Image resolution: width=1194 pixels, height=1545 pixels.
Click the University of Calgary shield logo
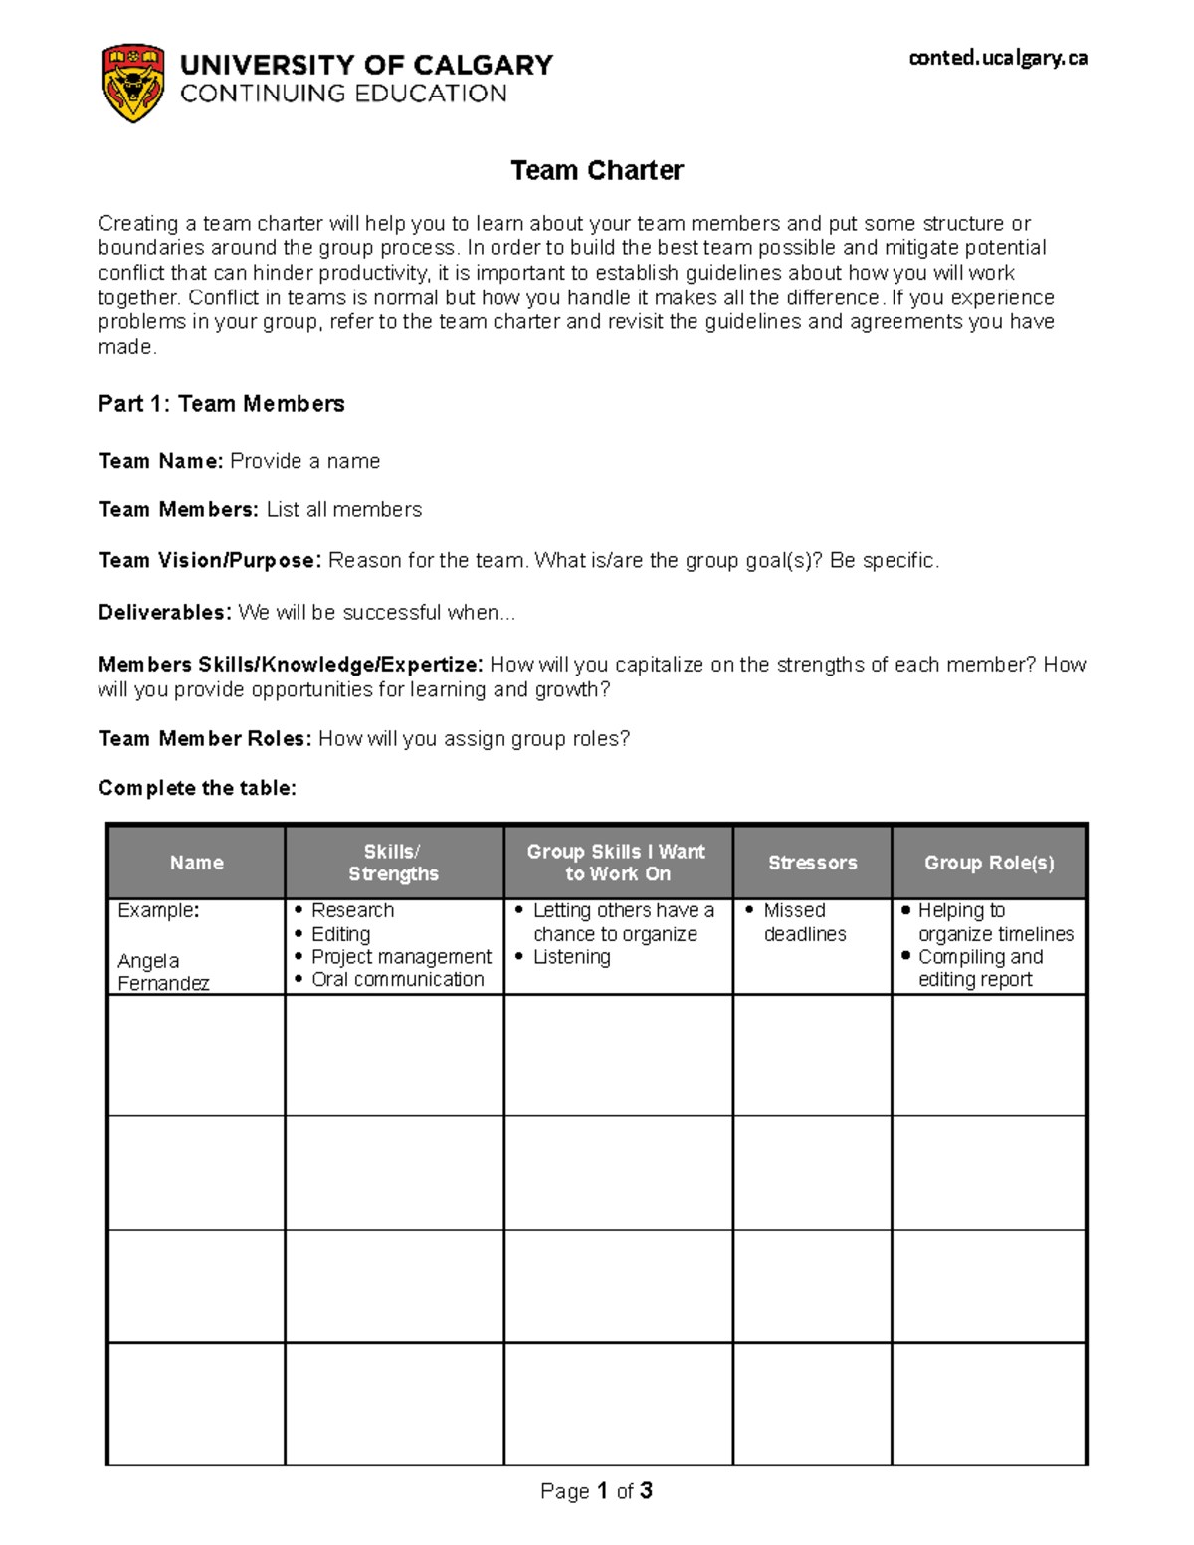pyautogui.click(x=133, y=83)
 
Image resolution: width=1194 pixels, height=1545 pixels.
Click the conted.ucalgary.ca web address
pyautogui.click(x=997, y=58)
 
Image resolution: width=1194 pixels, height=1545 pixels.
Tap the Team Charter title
pyautogui.click(x=596, y=171)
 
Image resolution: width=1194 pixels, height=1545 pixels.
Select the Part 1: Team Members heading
pyautogui.click(x=221, y=404)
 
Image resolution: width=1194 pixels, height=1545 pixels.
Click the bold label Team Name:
pyautogui.click(x=161, y=461)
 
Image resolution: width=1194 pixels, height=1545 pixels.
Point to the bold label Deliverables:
pyautogui.click(x=165, y=613)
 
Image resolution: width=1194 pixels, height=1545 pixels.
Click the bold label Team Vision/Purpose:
pyautogui.click(x=210, y=561)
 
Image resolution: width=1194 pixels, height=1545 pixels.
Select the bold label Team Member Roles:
pyautogui.click(x=205, y=739)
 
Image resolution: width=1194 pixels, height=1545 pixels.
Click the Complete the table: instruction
pyautogui.click(x=197, y=788)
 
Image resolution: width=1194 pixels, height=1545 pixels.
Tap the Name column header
pyautogui.click(x=196, y=863)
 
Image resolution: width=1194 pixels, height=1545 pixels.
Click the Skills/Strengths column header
pyautogui.click(x=393, y=863)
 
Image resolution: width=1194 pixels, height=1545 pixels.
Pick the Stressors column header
pyautogui.click(x=812, y=863)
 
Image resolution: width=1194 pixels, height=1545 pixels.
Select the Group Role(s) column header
pyautogui.click(x=988, y=863)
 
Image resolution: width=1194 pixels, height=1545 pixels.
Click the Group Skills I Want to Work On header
pyautogui.click(x=617, y=863)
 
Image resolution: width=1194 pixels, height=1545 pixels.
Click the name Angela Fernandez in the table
pyautogui.click(x=162, y=972)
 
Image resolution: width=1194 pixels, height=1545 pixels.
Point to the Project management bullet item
pyautogui.click(x=401, y=957)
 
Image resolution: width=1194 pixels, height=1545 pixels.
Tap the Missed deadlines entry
pyautogui.click(x=804, y=922)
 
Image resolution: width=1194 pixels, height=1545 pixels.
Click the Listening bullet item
pyautogui.click(x=571, y=957)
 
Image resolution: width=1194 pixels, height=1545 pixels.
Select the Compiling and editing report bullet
pyautogui.click(x=979, y=968)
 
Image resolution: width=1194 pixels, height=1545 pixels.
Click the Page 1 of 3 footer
pyautogui.click(x=596, y=1490)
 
